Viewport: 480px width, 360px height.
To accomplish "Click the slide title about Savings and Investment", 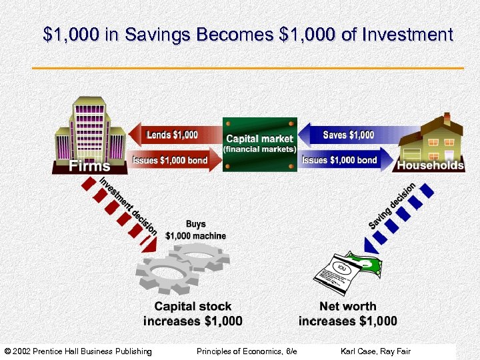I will point(247,35).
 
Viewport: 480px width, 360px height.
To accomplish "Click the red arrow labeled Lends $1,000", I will point(175,135).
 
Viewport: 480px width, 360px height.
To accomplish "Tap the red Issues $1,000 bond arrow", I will point(171,160).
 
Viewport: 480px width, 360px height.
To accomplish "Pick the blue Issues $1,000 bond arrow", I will point(341,160).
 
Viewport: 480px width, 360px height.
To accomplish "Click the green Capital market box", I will point(259,145).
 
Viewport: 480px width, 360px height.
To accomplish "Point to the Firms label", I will point(91,165).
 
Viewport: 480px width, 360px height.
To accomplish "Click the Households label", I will point(431,165).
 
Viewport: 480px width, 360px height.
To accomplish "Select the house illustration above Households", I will point(431,137).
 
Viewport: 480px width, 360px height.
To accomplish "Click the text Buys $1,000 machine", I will point(195,231).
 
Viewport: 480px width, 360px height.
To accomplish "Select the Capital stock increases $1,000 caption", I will point(193,314).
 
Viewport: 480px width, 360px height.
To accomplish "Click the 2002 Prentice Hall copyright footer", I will point(78,351).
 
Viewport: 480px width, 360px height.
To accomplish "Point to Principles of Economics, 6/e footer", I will point(247,351).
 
